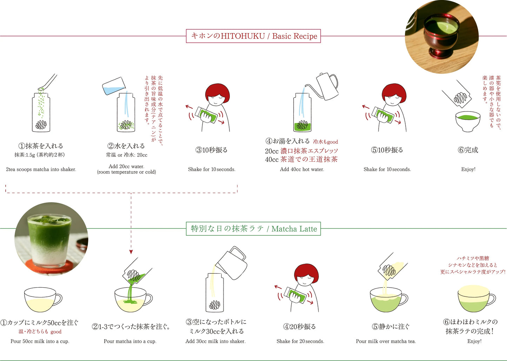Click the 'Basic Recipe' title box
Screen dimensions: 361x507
coord(253,36)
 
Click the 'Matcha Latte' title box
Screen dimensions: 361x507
coord(253,229)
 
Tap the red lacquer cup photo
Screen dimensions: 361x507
coord(441,37)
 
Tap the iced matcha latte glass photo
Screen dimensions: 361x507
coord(51,239)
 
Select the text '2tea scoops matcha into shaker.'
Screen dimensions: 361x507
coord(41,169)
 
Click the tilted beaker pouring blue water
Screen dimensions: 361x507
coord(114,86)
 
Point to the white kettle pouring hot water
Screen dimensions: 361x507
coord(326,86)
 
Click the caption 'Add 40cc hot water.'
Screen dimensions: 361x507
coord(302,169)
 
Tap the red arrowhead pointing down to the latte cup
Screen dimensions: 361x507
coord(131,252)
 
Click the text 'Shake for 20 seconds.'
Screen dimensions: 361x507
coord(300,341)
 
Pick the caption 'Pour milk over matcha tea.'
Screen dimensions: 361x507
coord(386,341)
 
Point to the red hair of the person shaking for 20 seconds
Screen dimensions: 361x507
coord(306,271)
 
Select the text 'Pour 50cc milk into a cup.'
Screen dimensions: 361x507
coord(40,341)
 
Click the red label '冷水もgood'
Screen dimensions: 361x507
coord(326,142)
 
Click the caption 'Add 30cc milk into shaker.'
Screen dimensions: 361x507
coord(215,341)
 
